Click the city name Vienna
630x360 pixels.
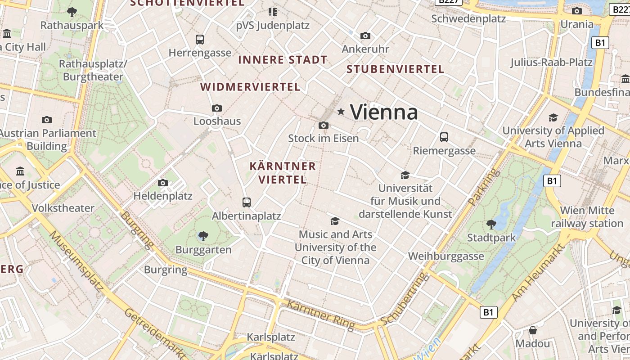pos(384,112)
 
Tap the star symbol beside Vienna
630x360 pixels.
pos(341,111)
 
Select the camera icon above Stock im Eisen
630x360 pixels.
pos(323,125)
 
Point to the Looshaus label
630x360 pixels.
pos(217,121)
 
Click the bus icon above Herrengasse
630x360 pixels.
pos(200,40)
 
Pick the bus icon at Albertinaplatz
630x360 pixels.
pos(247,202)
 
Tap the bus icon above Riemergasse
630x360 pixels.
pos(444,137)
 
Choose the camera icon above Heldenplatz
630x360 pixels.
pos(163,183)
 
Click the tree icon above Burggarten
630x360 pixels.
pos(203,236)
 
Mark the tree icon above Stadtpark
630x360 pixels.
pos(491,224)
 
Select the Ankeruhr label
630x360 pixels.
pos(365,49)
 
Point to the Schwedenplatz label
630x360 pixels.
pos(468,18)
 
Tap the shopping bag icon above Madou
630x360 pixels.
pos(533,330)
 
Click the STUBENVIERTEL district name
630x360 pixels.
pos(396,69)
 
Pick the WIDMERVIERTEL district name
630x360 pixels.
pos(250,87)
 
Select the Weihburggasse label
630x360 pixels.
pos(446,256)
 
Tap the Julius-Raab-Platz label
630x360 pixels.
pos(551,62)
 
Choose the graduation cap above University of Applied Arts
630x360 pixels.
pos(553,117)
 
